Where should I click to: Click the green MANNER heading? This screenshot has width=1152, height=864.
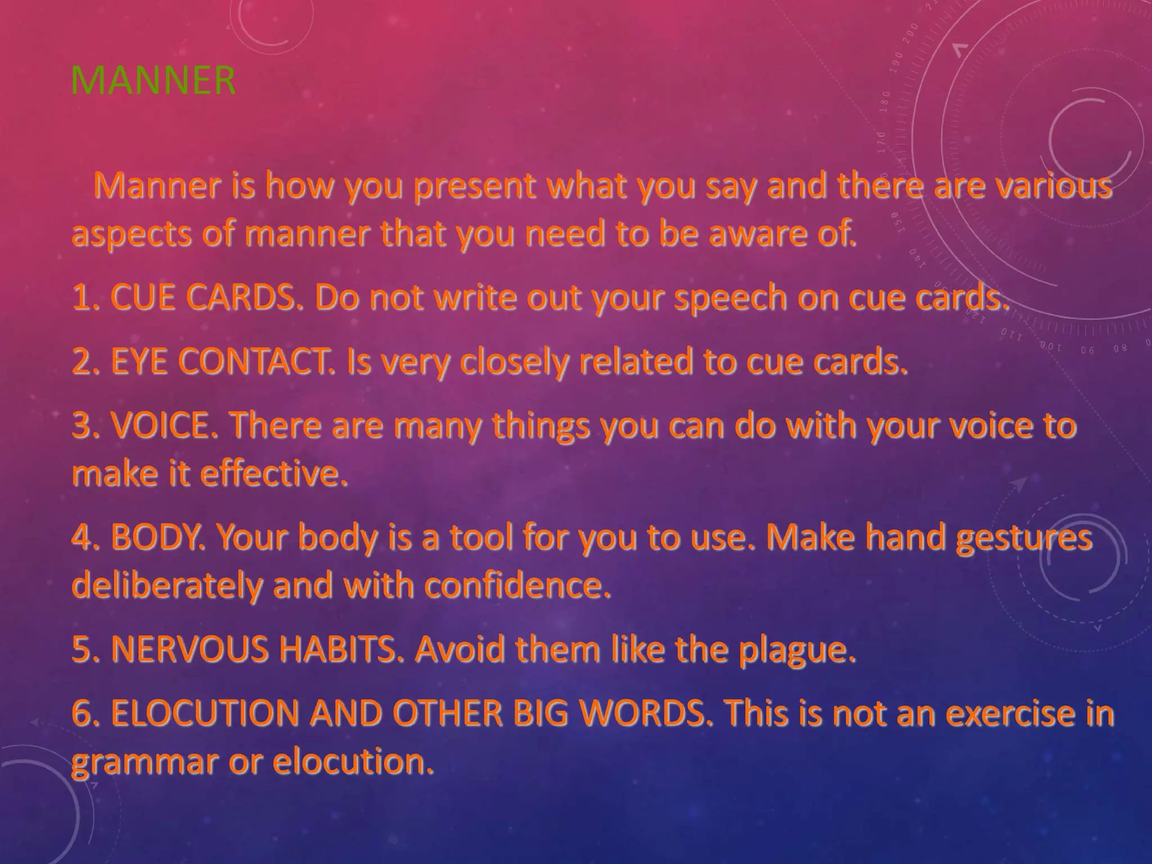(153, 80)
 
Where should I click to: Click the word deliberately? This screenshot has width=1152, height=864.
(165, 586)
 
